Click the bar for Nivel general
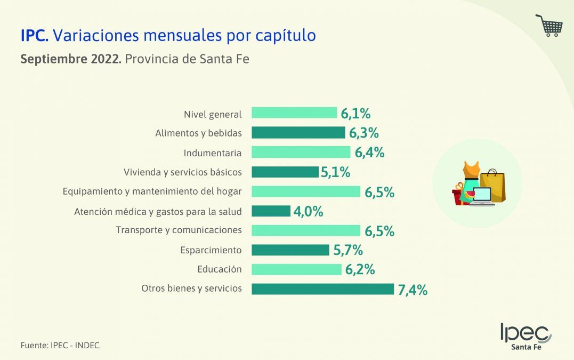click(x=294, y=113)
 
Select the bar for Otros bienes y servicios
click(x=322, y=289)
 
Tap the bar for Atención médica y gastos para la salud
click(x=271, y=211)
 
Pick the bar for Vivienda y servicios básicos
click(x=285, y=172)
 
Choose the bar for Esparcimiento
click(x=290, y=250)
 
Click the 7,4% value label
click(x=413, y=290)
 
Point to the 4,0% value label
click(x=308, y=212)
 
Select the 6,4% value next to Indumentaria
click(x=369, y=153)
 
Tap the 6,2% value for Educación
click(x=360, y=270)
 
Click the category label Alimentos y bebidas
click(x=198, y=133)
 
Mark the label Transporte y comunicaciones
click(x=179, y=230)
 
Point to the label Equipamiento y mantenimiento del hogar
click(x=152, y=191)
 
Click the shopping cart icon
click(x=549, y=25)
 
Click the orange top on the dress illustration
click(x=471, y=170)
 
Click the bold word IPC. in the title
click(x=35, y=35)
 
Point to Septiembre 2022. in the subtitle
click(x=71, y=59)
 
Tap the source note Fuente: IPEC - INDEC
click(x=60, y=346)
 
